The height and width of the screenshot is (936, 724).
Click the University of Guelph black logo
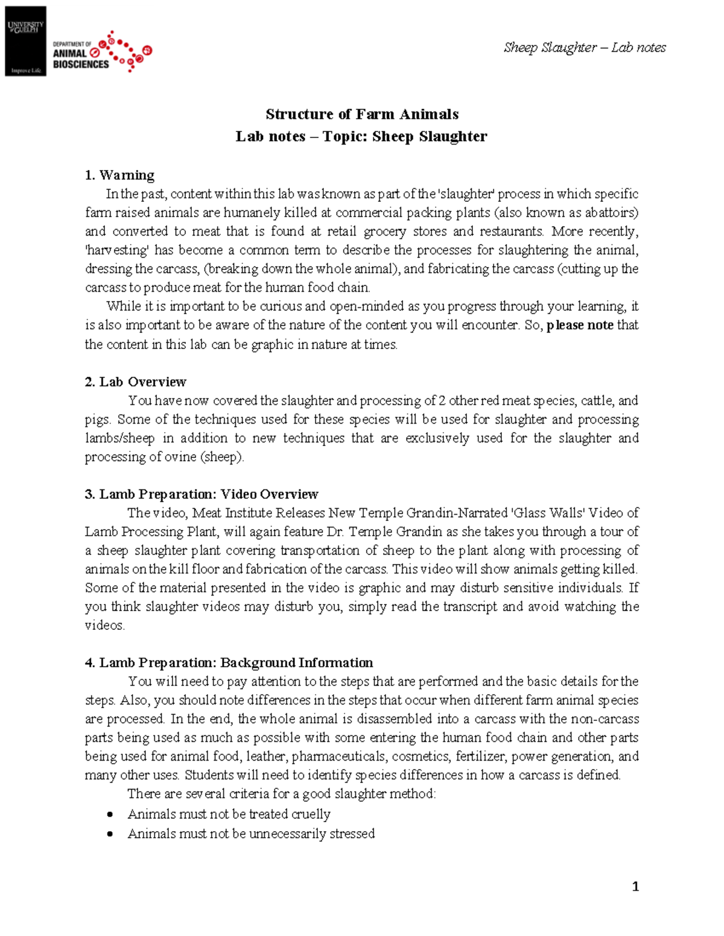click(x=25, y=41)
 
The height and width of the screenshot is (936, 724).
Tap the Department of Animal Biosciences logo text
click(x=81, y=55)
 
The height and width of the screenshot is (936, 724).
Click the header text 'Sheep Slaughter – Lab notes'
click(x=584, y=48)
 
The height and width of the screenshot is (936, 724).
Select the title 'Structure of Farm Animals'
click(x=362, y=115)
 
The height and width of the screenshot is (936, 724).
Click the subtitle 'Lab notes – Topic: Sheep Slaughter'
click(x=361, y=137)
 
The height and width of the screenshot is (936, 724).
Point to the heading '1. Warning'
click(x=119, y=175)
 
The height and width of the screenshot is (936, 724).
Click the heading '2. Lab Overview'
click(x=135, y=382)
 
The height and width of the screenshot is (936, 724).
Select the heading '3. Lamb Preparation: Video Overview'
click(x=201, y=494)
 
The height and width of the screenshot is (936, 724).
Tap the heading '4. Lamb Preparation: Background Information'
click(x=229, y=663)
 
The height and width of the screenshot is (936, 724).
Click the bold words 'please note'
click(x=580, y=325)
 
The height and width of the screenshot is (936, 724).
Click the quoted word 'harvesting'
click(x=117, y=250)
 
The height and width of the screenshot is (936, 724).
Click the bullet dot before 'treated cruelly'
click(x=110, y=815)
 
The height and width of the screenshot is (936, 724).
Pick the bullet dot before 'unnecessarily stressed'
click(x=110, y=835)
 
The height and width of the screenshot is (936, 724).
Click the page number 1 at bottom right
click(x=635, y=887)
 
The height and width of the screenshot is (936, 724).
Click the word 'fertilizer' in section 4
click(x=480, y=756)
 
